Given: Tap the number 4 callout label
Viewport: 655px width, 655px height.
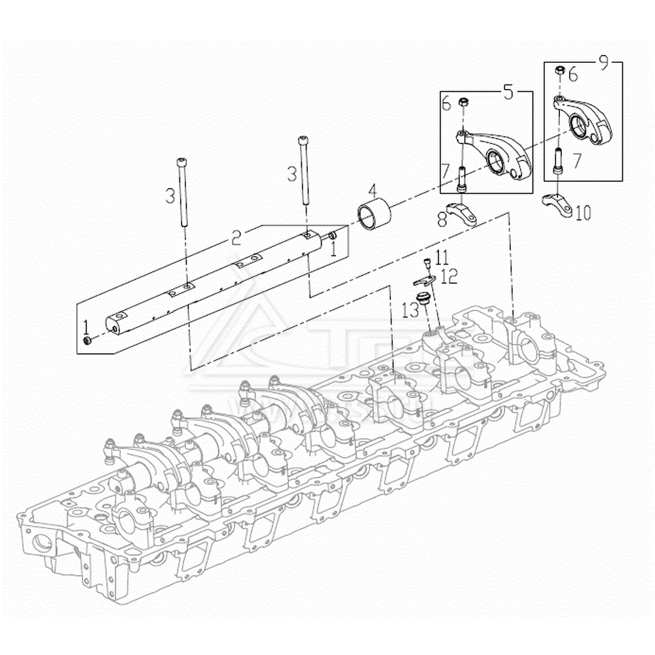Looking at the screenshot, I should click(372, 191).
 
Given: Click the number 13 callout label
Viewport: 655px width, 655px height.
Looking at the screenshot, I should click(410, 310).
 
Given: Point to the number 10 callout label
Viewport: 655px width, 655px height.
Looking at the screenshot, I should click(582, 212).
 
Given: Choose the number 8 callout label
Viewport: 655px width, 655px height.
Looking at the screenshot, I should click(443, 220).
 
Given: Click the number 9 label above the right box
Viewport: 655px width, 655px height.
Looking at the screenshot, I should click(603, 64).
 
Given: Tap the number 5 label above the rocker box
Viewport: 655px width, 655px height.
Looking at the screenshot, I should click(508, 92).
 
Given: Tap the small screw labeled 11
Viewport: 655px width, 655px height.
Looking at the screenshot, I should click(427, 263).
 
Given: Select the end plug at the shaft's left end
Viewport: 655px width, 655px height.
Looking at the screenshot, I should click(87, 341).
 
